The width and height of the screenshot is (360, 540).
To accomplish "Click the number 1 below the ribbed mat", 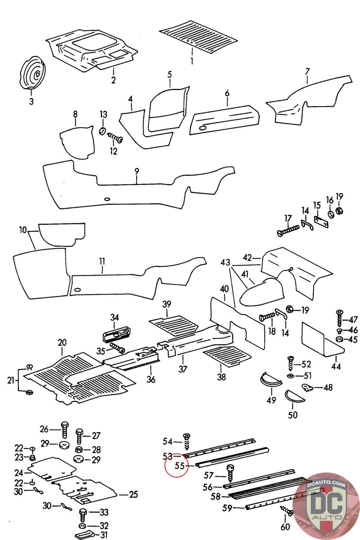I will [192, 61].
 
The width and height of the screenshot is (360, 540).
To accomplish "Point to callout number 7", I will [307, 72].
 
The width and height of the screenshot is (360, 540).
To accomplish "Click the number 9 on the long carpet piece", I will [137, 171].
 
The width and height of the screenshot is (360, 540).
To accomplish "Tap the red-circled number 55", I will [179, 466].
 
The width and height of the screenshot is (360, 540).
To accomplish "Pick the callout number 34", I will [114, 317].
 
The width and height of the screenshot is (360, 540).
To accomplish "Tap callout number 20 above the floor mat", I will [62, 343].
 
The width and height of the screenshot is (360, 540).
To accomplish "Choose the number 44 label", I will [336, 366].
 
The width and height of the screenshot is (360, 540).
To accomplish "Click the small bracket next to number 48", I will [307, 388].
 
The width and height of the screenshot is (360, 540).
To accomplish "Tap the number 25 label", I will [134, 495].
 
